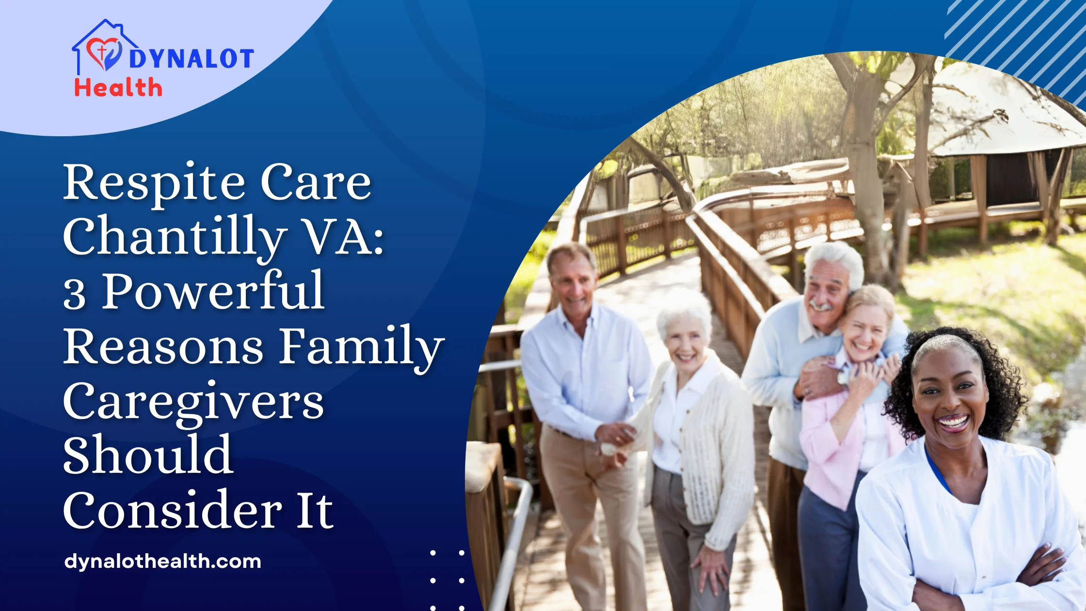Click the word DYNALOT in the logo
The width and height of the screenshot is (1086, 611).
pyautogui.click(x=191, y=59)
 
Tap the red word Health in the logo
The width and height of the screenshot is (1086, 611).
pyautogui.click(x=118, y=88)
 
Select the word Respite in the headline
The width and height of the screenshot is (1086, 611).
pyautogui.click(x=155, y=183)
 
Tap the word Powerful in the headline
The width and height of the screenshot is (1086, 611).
pyautogui.click(x=213, y=291)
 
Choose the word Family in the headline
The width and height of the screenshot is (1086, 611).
pyautogui.click(x=362, y=346)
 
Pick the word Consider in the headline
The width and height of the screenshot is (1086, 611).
pyautogui.click(x=173, y=510)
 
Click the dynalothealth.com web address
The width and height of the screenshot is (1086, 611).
pyautogui.click(x=163, y=562)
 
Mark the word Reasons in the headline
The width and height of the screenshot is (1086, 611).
pyautogui.click(x=164, y=346)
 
